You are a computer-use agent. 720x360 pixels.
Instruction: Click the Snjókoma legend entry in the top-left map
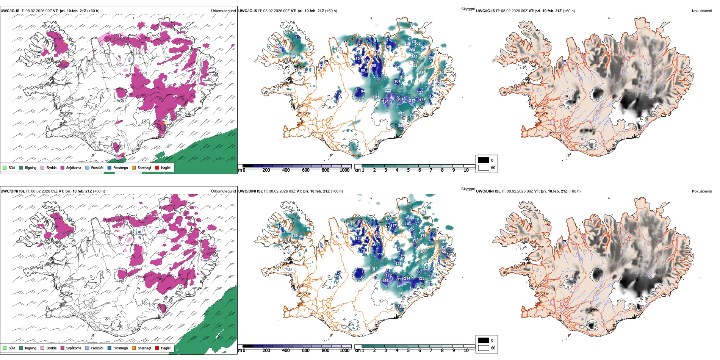tap(73, 167)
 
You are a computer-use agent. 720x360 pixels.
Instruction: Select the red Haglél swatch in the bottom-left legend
tap(157, 348)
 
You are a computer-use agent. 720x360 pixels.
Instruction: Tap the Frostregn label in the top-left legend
tap(120, 167)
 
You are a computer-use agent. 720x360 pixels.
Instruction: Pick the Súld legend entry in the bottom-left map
tap(12, 348)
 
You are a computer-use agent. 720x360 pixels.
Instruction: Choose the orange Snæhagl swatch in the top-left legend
tap(134, 167)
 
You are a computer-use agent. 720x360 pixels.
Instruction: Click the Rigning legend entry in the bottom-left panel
tap(30, 348)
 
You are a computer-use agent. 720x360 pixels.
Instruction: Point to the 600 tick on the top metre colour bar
tap(306, 170)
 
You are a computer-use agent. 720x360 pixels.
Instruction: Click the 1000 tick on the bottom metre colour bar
tap(344, 351)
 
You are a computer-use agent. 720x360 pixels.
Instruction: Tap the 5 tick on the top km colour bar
tap(409, 170)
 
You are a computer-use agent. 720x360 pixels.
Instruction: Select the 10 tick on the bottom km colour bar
tap(466, 351)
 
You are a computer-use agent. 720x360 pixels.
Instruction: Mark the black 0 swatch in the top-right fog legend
tap(484, 160)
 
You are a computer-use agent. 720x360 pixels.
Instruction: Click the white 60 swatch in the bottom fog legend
tap(484, 348)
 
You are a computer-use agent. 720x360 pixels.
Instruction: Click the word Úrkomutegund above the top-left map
tap(223, 11)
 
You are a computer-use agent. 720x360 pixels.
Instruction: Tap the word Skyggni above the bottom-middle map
tap(468, 189)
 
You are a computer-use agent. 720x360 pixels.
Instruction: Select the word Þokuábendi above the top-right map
tap(702, 11)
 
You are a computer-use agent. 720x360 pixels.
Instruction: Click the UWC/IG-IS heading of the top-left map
tap(10, 11)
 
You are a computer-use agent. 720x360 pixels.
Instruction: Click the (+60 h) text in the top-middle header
tap(331, 11)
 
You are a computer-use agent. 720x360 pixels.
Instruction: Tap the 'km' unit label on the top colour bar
tap(357, 170)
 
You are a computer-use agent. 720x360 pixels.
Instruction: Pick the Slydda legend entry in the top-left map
tap(51, 167)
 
